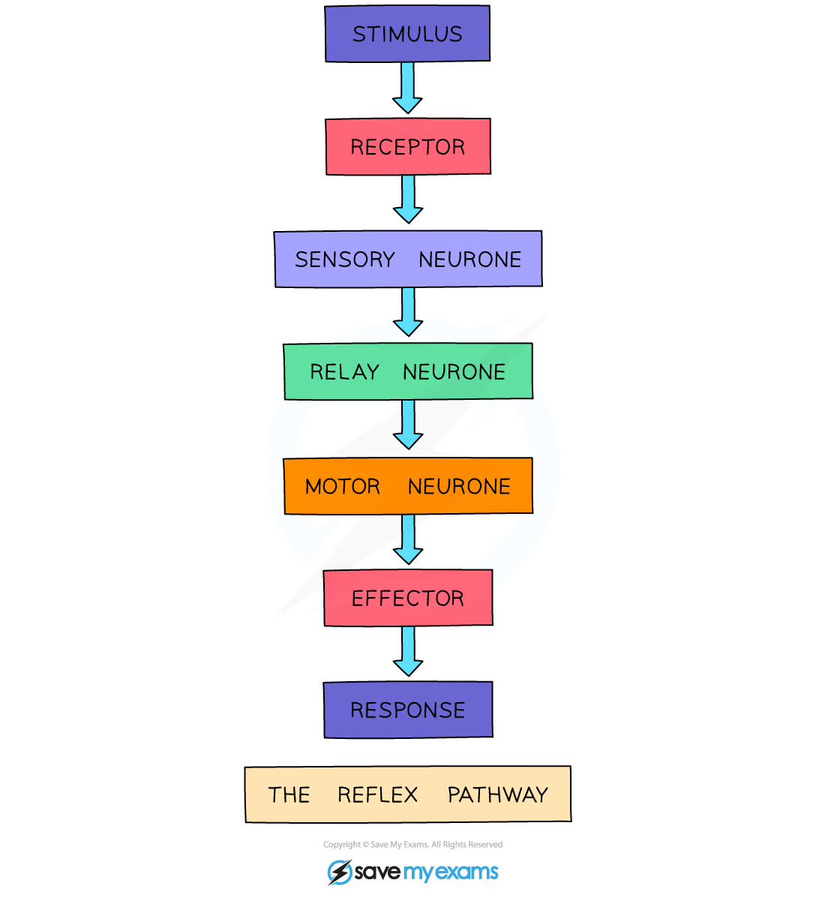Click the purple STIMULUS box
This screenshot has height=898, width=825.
pyautogui.click(x=407, y=34)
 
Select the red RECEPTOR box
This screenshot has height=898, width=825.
pyautogui.click(x=407, y=146)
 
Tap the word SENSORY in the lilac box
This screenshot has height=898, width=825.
pyautogui.click(x=344, y=260)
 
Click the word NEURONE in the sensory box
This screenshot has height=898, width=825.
pyautogui.click(x=470, y=260)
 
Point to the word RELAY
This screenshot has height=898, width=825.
pyautogui.click(x=344, y=371)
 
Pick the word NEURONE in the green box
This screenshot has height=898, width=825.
pyautogui.click(x=454, y=371)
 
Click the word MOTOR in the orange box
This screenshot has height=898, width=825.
pyautogui.click(x=343, y=486)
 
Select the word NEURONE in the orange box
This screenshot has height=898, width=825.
pyautogui.click(x=459, y=486)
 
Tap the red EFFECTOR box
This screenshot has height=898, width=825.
pyautogui.click(x=408, y=598)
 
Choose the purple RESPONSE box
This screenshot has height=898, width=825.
pyautogui.click(x=408, y=710)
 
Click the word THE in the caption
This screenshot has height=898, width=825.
pyautogui.click(x=289, y=794)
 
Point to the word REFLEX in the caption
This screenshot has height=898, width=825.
pyautogui.click(x=377, y=794)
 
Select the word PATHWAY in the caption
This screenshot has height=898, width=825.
pyautogui.click(x=497, y=794)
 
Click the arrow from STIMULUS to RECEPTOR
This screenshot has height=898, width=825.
pyautogui.click(x=407, y=88)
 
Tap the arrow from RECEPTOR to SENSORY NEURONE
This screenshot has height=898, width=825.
pyautogui.click(x=409, y=200)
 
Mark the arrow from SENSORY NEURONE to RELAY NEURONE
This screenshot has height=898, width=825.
pyautogui.click(x=409, y=312)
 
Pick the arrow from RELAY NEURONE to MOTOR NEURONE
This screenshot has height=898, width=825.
pyautogui.click(x=409, y=425)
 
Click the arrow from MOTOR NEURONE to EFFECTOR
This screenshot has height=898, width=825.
pyautogui.click(x=409, y=539)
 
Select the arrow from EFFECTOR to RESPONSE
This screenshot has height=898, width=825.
pyautogui.click(x=409, y=652)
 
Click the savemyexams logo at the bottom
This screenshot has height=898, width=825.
pyautogui.click(x=413, y=872)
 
